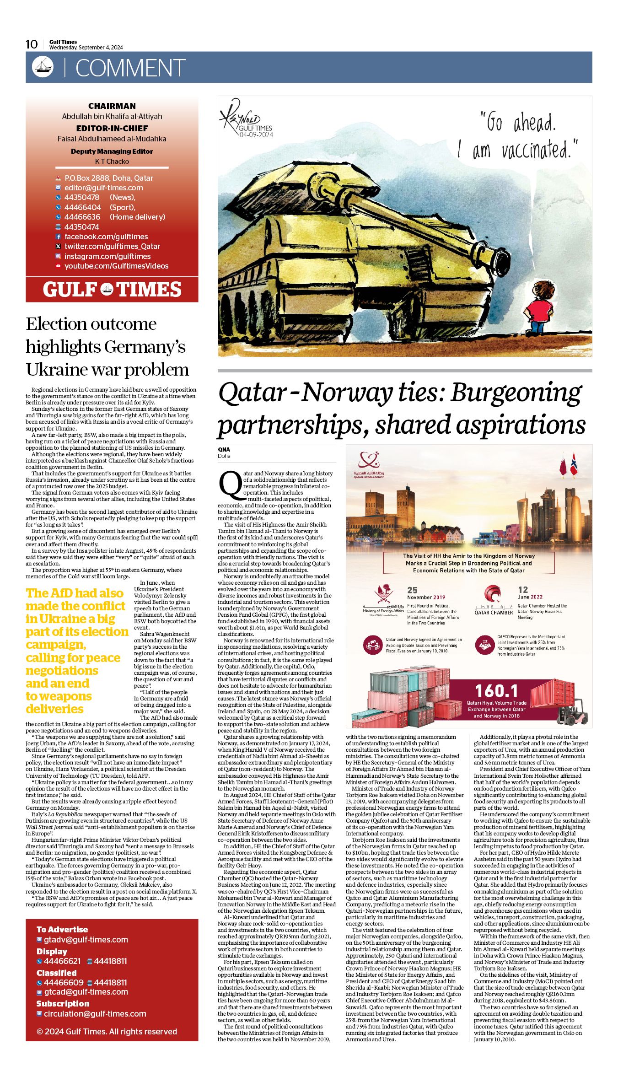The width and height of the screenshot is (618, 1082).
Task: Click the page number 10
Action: (x=32, y=44)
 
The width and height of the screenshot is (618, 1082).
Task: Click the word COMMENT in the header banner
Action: (x=130, y=68)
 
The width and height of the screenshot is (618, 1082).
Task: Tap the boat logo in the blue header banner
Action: (x=43, y=67)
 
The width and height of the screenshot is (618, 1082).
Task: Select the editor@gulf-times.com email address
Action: (x=103, y=188)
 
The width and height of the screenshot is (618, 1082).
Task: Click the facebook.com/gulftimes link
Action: (x=106, y=237)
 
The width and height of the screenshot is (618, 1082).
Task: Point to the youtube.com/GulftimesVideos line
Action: (x=116, y=266)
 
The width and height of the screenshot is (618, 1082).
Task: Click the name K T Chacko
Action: (x=112, y=161)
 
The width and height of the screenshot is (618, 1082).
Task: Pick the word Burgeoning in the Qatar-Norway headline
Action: (x=516, y=393)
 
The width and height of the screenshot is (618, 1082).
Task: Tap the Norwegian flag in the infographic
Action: (x=574, y=464)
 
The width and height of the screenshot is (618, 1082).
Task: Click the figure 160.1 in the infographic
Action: (x=496, y=690)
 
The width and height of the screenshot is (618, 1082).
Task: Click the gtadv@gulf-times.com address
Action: (x=86, y=940)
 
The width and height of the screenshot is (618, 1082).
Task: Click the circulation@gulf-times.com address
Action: (x=95, y=1014)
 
